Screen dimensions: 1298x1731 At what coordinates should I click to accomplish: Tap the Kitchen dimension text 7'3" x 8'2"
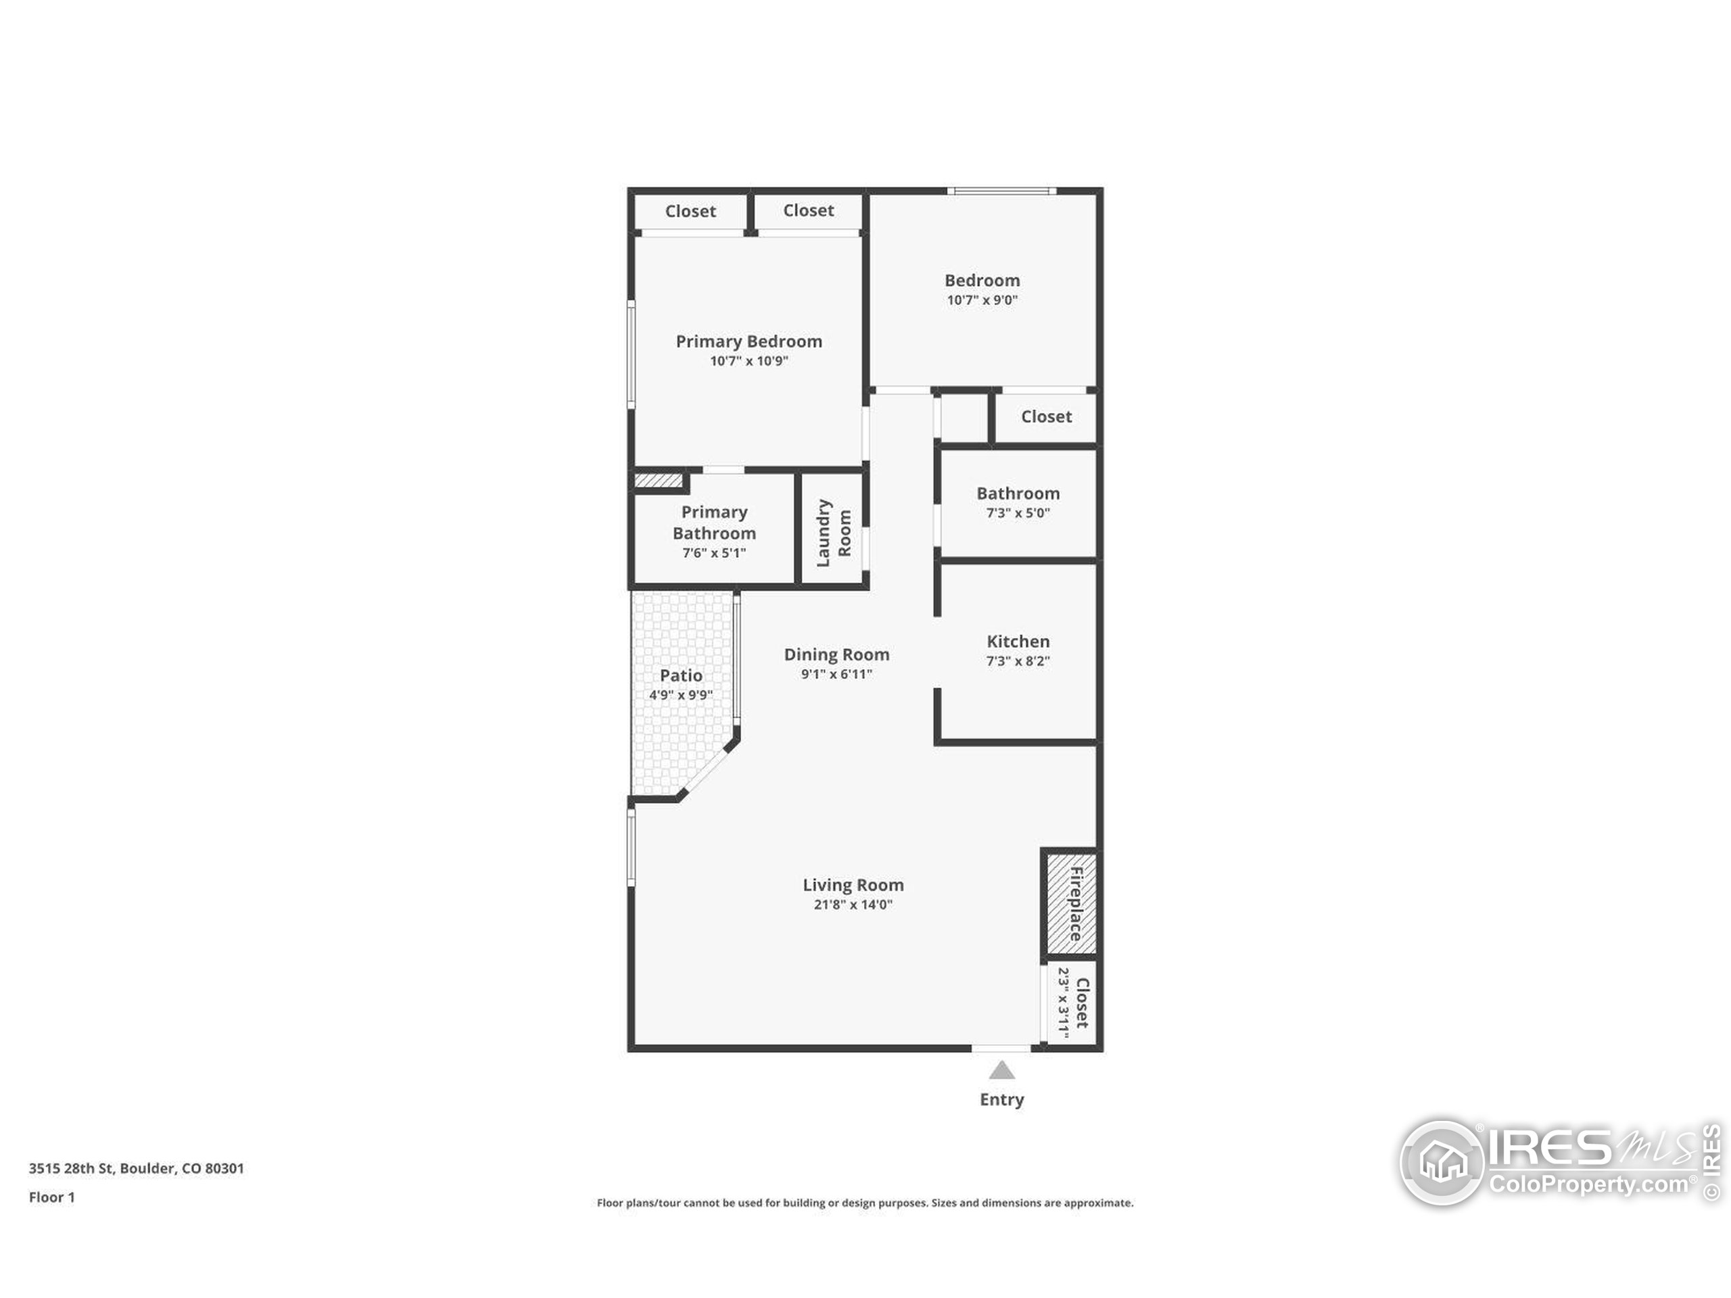pos(1018,661)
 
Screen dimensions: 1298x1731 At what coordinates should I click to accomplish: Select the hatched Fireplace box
pos(1070,905)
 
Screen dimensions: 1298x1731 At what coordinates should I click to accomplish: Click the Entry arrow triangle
pos(1001,1070)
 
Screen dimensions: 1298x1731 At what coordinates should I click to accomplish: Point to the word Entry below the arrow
pos(1001,1099)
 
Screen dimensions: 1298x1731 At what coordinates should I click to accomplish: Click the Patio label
pos(680,675)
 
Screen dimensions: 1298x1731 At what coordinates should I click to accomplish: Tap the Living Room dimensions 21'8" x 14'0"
pos(852,905)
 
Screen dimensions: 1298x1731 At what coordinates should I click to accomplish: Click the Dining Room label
pos(836,654)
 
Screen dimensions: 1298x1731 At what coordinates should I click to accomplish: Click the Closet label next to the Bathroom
pos(1045,417)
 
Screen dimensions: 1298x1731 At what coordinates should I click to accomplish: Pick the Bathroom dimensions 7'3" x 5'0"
pos(1018,513)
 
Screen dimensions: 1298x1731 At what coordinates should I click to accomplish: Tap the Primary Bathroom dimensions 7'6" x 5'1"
pos(713,553)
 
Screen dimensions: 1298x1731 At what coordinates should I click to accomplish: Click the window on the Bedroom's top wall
pos(1001,191)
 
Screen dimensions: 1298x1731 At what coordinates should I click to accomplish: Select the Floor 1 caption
pos(51,1197)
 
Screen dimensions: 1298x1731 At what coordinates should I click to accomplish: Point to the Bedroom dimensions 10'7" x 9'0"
pos(981,300)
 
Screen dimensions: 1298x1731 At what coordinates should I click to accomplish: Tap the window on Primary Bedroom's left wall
pos(632,354)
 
